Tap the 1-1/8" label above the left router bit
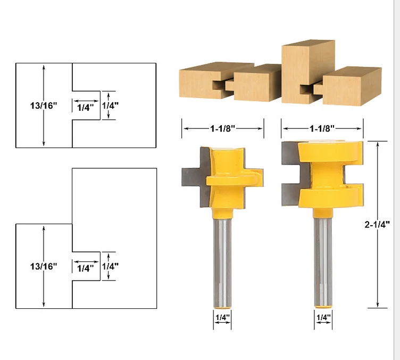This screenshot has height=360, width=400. point(222,128)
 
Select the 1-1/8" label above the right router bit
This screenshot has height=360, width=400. point(322,128)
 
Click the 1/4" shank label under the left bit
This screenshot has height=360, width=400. point(222,318)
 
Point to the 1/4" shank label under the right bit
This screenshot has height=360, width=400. point(323,318)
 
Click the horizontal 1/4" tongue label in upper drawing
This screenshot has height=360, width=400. point(85,107)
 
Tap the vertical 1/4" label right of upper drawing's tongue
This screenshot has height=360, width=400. point(110,105)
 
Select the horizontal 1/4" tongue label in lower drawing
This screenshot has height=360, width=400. point(85,268)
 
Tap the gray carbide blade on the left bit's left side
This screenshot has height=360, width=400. point(190,176)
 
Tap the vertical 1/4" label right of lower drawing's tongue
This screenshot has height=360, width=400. point(110,266)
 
